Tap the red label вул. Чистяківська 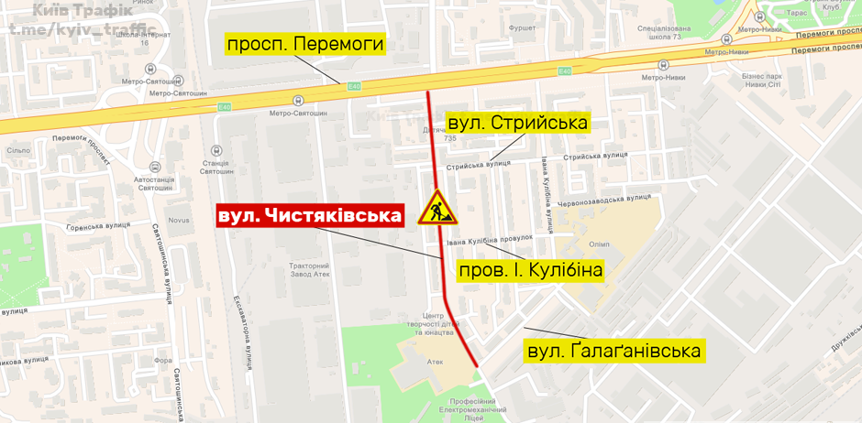[x=310, y=216]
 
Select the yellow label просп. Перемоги [x=304, y=44]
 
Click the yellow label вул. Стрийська [x=517, y=123]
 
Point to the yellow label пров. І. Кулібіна [x=530, y=270]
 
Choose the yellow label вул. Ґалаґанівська [x=613, y=351]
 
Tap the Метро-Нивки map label [x=665, y=77]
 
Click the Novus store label [x=178, y=220]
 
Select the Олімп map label [x=599, y=244]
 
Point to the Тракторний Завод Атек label [x=309, y=269]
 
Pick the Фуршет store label [x=522, y=28]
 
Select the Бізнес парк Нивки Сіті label [x=761, y=80]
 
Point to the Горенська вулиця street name [x=98, y=223]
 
